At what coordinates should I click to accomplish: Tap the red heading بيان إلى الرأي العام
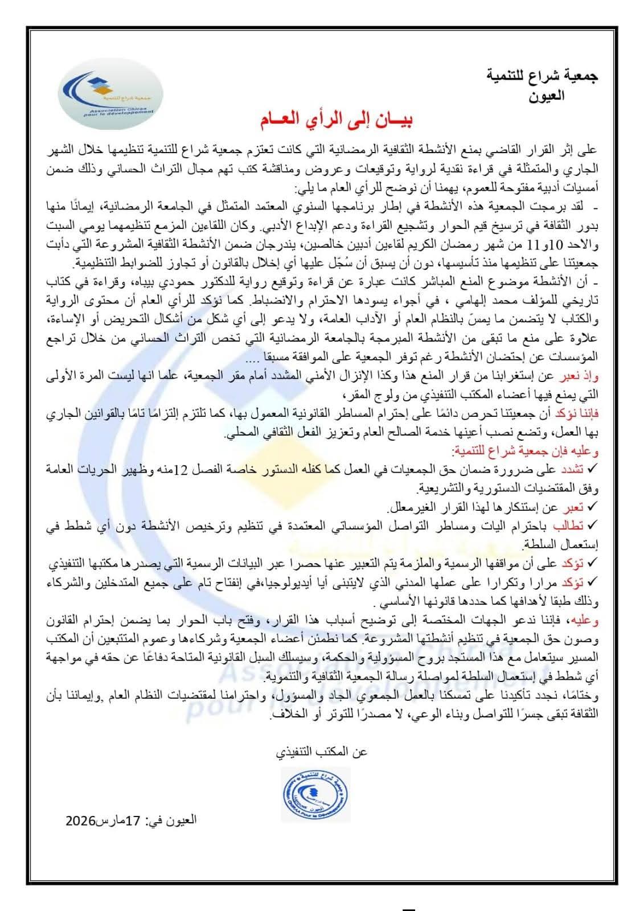pyautogui.click(x=336, y=120)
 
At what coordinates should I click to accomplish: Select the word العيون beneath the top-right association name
pyautogui.click(x=546, y=95)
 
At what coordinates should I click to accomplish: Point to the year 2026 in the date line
pyautogui.click(x=80, y=820)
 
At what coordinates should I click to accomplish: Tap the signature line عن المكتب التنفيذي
pyautogui.click(x=322, y=752)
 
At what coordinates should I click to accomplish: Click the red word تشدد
pyautogui.click(x=573, y=469)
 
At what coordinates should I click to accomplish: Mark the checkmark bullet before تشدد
pyautogui.click(x=593, y=469)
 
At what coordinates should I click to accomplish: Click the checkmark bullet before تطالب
pyautogui.click(x=593, y=526)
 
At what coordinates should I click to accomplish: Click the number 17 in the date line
pyautogui.click(x=133, y=820)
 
